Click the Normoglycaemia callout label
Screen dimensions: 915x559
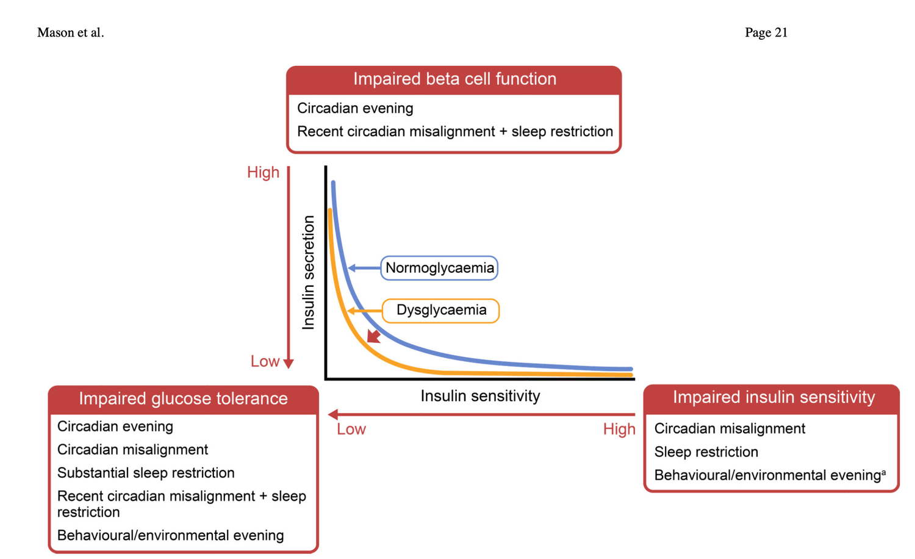tap(439, 268)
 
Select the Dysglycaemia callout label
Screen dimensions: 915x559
tap(441, 311)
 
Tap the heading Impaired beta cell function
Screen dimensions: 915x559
tap(454, 79)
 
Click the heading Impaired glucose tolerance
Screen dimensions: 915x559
tap(183, 399)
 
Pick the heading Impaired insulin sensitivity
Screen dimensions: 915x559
tap(773, 397)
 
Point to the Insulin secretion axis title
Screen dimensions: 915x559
tap(309, 273)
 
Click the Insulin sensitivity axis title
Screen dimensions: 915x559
tap(481, 396)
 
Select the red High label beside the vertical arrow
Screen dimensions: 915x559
tap(263, 173)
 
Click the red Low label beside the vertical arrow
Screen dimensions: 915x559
tap(265, 361)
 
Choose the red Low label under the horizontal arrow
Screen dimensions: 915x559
tap(351, 429)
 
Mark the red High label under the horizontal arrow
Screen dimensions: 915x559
tap(619, 429)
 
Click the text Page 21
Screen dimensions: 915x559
tap(766, 32)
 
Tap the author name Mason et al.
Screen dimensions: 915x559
tap(71, 32)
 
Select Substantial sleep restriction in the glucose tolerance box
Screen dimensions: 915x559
tap(146, 473)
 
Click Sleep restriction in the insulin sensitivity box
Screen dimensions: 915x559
tap(706, 452)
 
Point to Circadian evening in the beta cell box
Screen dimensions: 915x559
tap(355, 108)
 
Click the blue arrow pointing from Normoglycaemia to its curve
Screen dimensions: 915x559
tap(364, 268)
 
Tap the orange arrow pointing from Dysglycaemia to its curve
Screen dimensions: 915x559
tap(365, 311)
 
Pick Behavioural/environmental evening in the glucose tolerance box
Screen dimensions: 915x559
tap(170, 535)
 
